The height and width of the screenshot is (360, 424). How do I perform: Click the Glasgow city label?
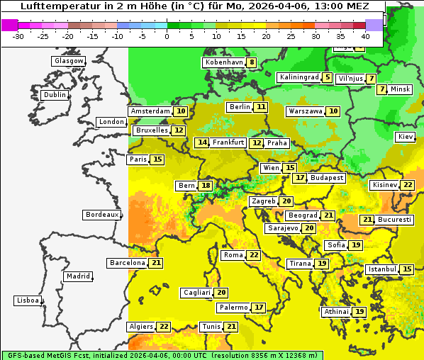pos(69,61)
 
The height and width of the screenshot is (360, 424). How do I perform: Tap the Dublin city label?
pos(55,95)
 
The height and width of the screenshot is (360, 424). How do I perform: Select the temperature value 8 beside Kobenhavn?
pos(252,62)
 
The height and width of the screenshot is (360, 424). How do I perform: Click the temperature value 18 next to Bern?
pos(206,186)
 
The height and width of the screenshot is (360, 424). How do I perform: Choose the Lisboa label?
pos(27,300)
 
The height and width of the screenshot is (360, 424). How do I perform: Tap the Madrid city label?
pos(77,276)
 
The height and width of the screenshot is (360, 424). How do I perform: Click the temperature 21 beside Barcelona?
pos(156,263)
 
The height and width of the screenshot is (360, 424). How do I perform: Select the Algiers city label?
pos(140,327)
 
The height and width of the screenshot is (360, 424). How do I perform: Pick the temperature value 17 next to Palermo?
pos(259,308)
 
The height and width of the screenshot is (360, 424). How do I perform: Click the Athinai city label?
pos(336,312)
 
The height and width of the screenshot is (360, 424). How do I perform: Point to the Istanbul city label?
pos(382,270)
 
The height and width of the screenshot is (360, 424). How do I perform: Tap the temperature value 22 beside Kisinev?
pos(408,185)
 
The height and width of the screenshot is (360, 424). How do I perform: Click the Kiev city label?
pos(406,137)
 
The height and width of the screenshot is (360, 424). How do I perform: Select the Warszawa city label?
pos(305,111)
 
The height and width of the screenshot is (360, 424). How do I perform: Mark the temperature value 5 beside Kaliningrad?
pos(327,77)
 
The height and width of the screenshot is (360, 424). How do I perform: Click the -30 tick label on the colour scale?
pos(18,36)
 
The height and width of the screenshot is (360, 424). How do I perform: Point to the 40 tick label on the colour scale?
pos(365,36)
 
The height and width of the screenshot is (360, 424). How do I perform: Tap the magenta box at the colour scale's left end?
pos(10,25)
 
